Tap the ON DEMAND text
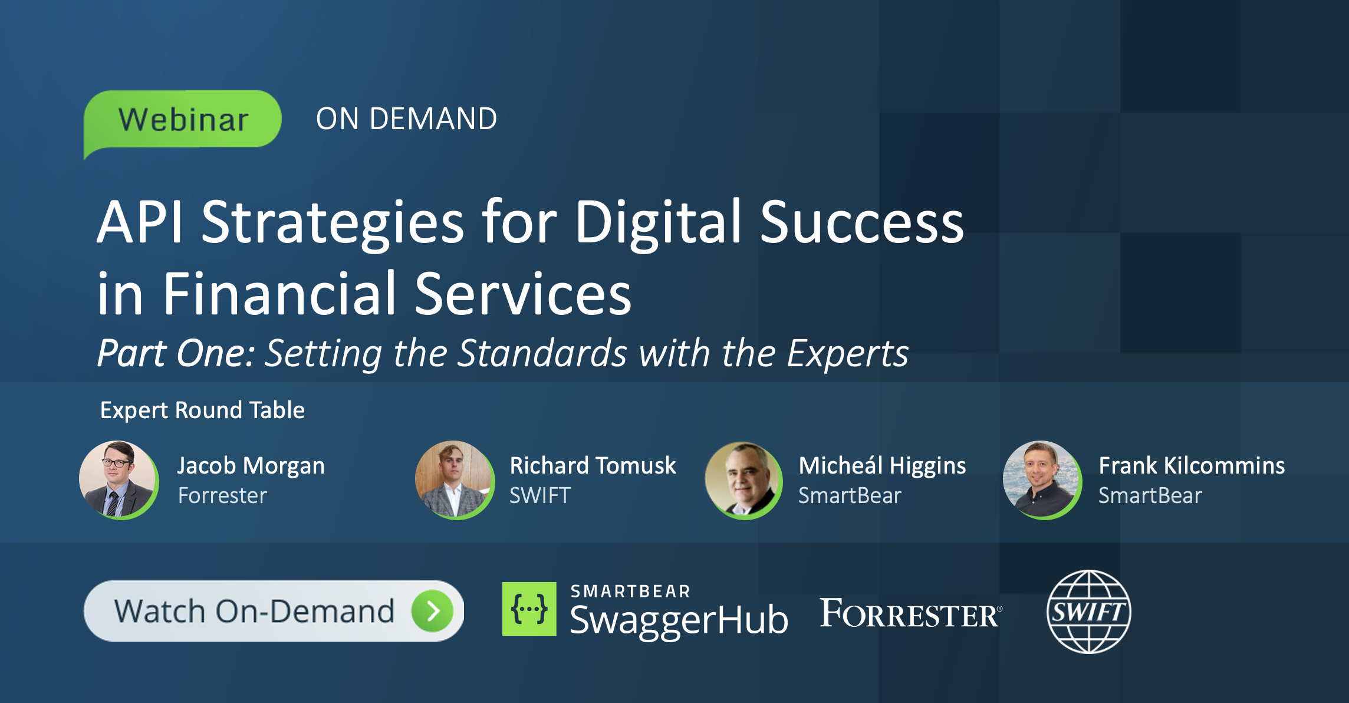point(406,119)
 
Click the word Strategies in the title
point(333,223)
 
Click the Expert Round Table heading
point(202,410)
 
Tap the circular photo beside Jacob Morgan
point(119,479)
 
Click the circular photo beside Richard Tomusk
point(454,479)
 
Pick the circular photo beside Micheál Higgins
point(743,480)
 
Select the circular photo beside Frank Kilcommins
point(1042,479)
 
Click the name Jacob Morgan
point(251,466)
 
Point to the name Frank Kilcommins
point(1192,466)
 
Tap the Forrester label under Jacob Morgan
point(222,496)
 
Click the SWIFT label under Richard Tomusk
point(539,496)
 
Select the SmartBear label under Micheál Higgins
point(850,496)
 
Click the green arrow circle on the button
point(432,611)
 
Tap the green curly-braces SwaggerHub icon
point(529,609)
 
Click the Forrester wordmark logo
point(910,613)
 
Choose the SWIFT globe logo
point(1088,612)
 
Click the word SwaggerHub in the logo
point(679,620)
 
